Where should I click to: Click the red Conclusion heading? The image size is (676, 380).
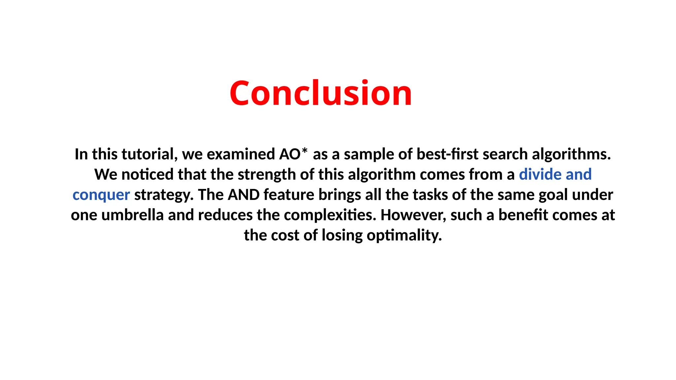[321, 93]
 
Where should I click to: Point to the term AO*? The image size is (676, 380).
[293, 154]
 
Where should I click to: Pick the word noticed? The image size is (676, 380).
[147, 174]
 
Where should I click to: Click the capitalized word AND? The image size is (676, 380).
[244, 195]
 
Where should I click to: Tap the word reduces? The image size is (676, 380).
[225, 215]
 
